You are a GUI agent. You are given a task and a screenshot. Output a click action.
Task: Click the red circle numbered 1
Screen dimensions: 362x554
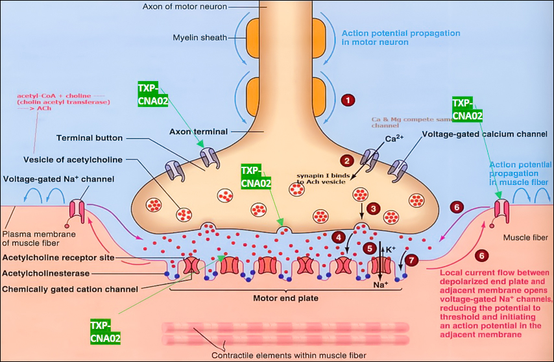(348, 101)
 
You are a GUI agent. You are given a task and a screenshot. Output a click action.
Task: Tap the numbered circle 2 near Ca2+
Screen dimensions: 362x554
(347, 160)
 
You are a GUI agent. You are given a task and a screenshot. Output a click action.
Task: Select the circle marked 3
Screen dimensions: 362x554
(373, 208)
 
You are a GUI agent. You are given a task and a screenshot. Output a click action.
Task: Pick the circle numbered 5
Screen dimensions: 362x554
(370, 248)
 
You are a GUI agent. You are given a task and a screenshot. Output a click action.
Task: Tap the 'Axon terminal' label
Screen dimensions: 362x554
(198, 132)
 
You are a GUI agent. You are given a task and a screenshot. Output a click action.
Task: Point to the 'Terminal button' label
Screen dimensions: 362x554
(89, 138)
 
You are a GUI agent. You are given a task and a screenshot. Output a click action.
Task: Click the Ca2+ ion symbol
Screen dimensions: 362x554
(395, 139)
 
